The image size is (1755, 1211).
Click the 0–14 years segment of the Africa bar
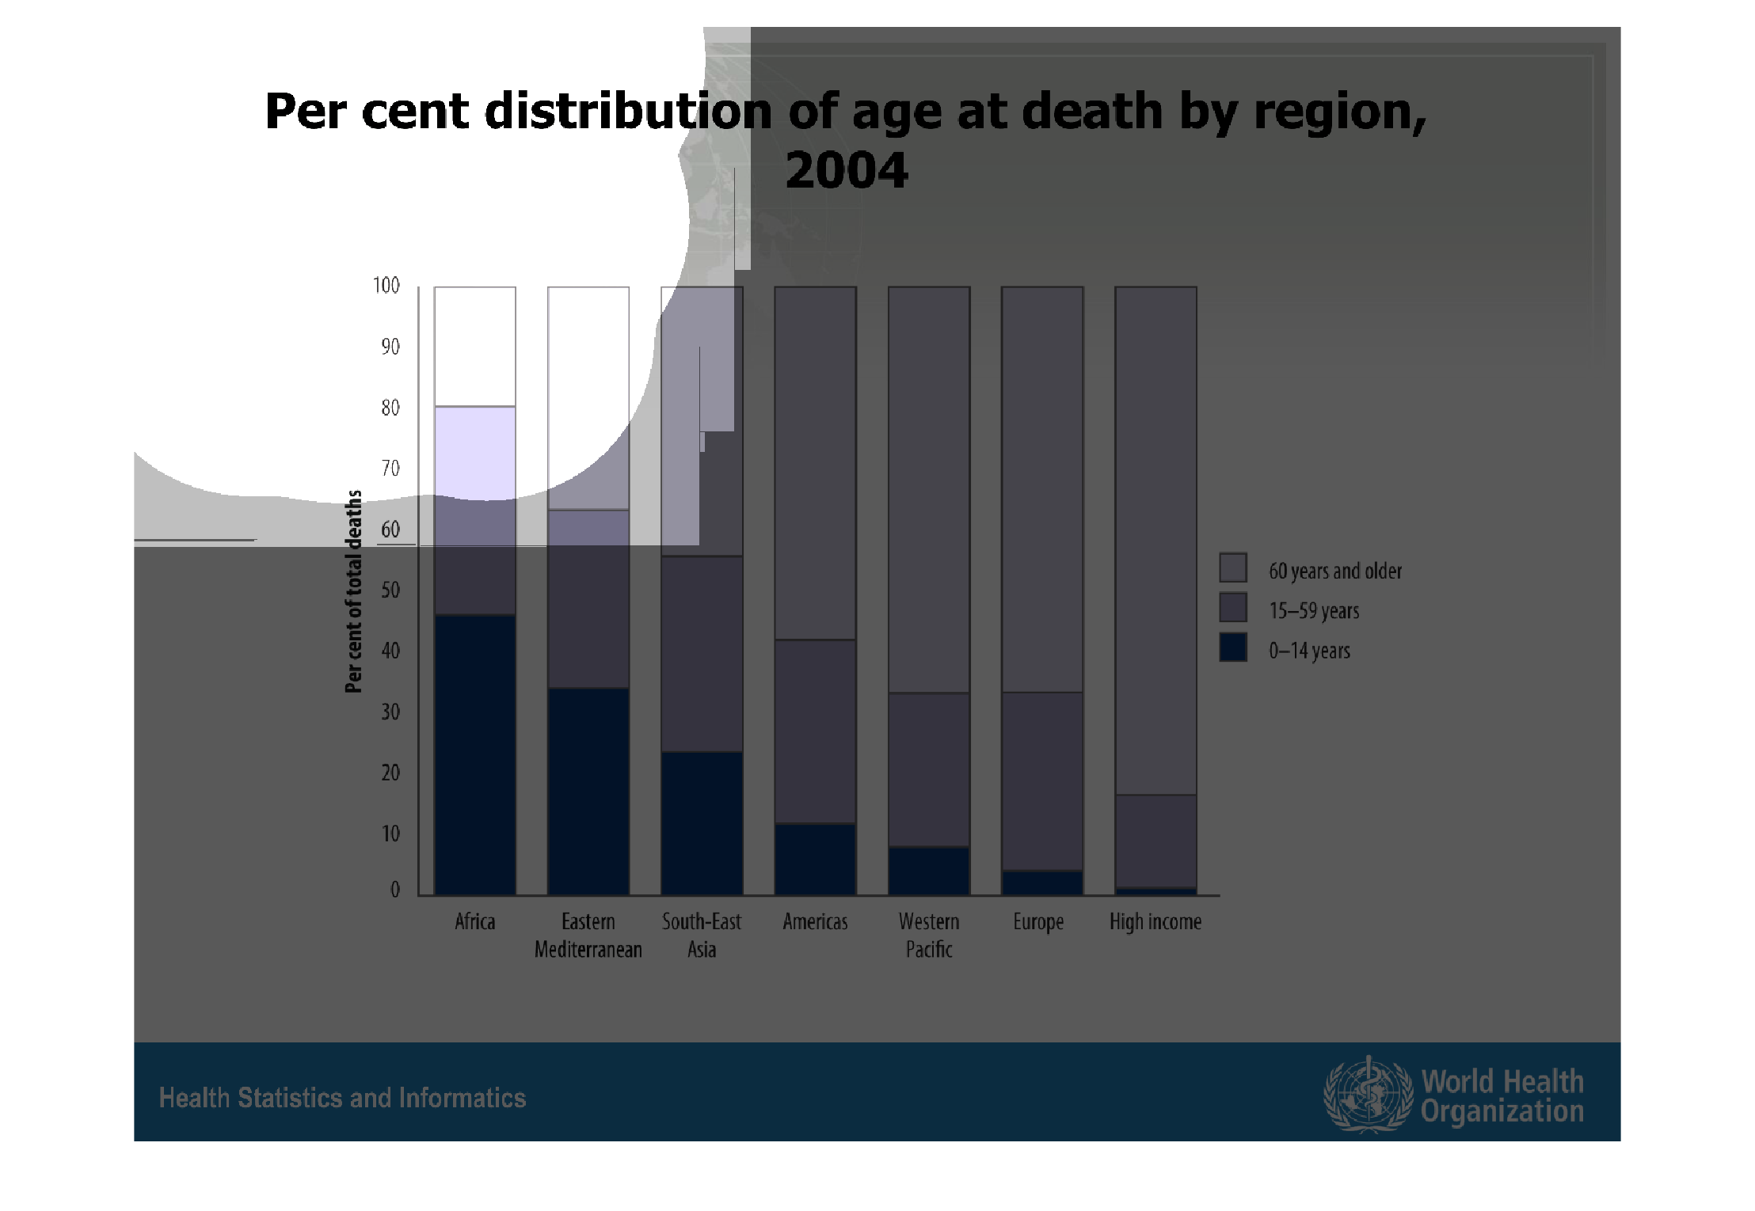coord(475,755)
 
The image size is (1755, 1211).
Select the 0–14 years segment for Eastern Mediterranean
coord(588,792)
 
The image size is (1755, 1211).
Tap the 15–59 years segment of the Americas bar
coord(816,731)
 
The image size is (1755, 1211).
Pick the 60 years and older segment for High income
coord(1155,541)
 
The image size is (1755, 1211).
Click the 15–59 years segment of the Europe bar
coord(1042,782)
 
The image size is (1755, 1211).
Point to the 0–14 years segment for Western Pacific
coord(929,871)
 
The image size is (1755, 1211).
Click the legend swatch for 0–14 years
coord(1233,647)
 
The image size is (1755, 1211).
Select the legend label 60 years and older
coord(1335,571)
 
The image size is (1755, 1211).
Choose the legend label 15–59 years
coord(1314,611)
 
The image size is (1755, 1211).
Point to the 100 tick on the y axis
coord(386,286)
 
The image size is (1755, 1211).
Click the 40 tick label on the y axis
coord(390,651)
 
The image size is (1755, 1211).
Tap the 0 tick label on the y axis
coord(395,890)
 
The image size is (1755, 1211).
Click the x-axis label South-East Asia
coord(702,935)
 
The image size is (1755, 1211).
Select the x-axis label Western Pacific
coord(929,935)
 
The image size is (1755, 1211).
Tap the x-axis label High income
coord(1155,922)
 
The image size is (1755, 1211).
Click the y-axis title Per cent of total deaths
coord(353,591)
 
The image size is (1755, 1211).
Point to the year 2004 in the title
coord(847,170)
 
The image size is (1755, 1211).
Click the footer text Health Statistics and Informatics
coord(342,1098)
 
